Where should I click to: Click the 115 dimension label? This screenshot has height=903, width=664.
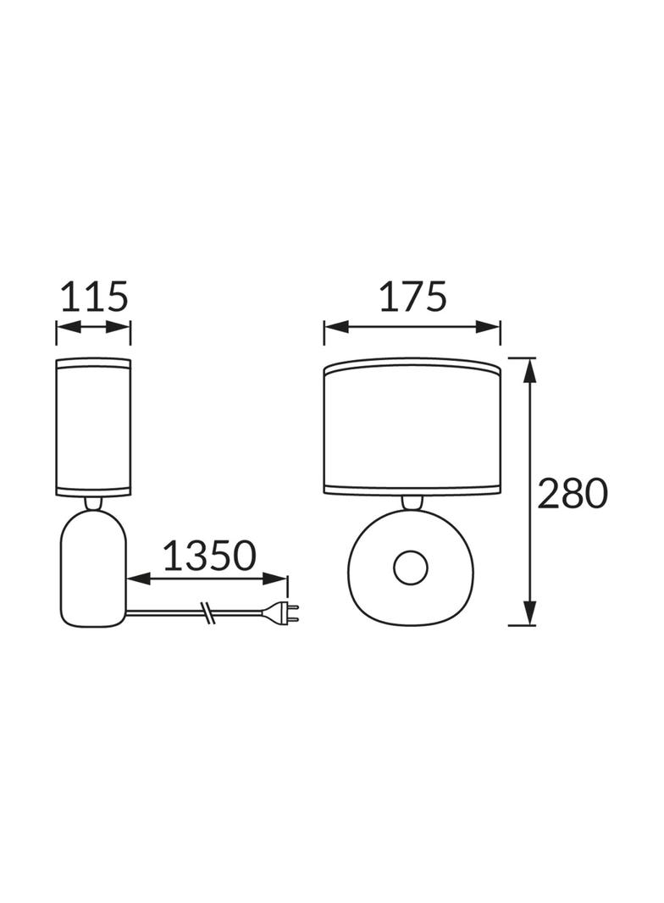94,296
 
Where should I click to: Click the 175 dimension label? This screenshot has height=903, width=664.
413,296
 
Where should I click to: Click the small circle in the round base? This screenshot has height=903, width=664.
411,568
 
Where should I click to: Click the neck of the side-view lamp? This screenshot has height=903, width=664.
93,503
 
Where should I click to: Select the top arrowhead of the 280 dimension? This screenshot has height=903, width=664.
529,369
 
